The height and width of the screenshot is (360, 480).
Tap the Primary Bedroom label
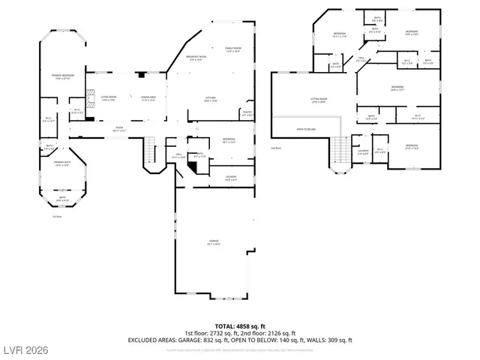tap(61, 76)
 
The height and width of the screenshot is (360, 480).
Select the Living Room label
tap(109, 97)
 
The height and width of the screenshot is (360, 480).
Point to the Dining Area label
tap(147, 97)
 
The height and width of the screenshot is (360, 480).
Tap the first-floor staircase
tap(150, 144)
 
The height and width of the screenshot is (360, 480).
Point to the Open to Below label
tap(305, 129)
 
